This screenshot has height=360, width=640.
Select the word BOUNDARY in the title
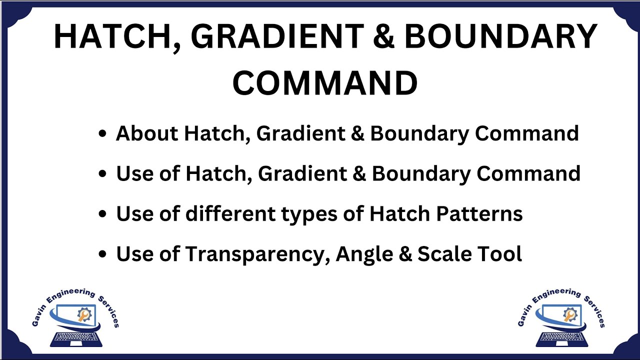click(500, 37)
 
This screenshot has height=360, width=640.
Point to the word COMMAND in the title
click(325, 83)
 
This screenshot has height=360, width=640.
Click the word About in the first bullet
click(147, 133)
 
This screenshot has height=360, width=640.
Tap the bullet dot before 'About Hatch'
click(102, 134)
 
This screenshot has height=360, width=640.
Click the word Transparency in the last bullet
click(258, 254)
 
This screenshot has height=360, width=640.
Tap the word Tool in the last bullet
click(503, 254)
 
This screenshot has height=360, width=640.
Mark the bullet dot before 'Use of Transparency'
click(102, 254)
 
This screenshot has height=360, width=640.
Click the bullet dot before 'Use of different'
click(102, 214)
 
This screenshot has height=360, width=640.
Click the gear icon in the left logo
click(84, 314)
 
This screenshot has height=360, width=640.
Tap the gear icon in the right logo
click(569, 314)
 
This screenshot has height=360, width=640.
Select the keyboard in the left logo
click(76, 339)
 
